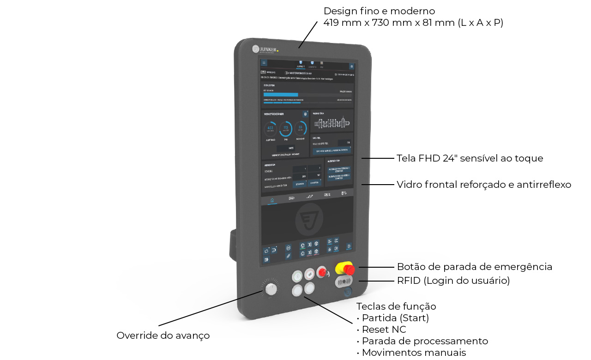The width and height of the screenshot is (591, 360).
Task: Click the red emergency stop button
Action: pos(348,268)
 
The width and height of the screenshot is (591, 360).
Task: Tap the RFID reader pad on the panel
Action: pos(344,281)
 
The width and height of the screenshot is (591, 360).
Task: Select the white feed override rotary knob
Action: pos(271,289)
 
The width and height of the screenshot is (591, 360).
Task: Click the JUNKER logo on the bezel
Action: pos(265,48)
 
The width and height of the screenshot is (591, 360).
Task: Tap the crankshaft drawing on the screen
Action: pos(331,123)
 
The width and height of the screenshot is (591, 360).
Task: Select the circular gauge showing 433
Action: pos(270,128)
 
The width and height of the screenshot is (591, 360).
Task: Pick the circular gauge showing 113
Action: pos(286,128)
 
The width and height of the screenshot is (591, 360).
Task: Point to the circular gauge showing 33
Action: pos(301,128)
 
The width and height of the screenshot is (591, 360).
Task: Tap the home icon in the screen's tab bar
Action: pos(272,200)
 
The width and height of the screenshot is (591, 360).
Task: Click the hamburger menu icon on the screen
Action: pos(264,63)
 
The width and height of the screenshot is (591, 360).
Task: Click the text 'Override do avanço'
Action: pos(163,336)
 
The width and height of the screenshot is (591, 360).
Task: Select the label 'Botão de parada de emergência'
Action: pos(474,267)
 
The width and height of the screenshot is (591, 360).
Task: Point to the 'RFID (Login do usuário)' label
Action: pos(453,281)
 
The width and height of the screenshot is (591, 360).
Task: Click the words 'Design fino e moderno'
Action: pos(379,11)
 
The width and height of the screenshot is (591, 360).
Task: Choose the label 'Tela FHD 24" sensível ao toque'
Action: pos(470,158)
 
